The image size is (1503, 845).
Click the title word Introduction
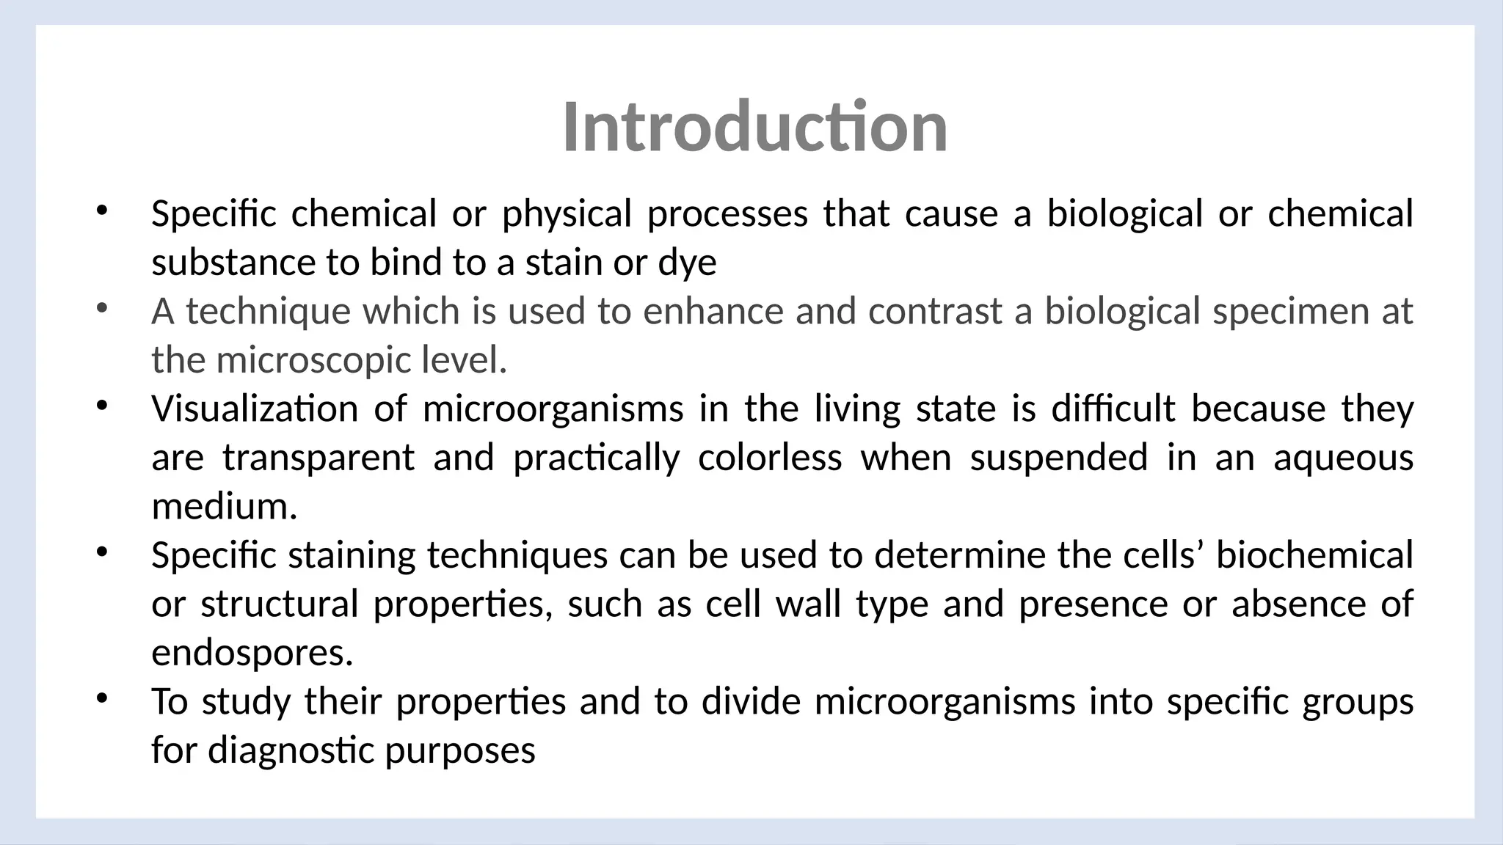coord(754,128)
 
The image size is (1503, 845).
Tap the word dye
coord(687,263)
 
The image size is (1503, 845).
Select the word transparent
coord(319,458)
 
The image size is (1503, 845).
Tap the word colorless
coord(770,458)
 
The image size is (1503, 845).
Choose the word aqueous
coord(1343,458)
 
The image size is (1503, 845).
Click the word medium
coord(224,507)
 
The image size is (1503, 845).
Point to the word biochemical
coord(1314,555)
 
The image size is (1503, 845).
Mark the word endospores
coord(252,653)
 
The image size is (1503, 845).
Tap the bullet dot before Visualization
coord(101,404)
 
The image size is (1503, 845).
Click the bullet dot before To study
coord(101,698)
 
